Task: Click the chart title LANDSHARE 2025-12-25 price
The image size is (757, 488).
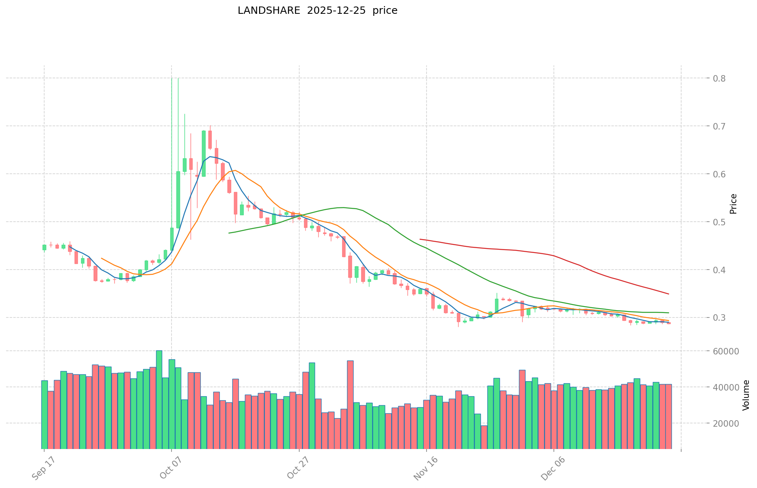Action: click(x=317, y=11)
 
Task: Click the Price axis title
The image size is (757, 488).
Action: click(x=733, y=204)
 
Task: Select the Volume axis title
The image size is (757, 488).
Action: click(x=746, y=395)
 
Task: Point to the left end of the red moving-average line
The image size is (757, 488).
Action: click(x=420, y=239)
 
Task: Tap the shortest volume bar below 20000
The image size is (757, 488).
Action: click(x=484, y=437)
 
